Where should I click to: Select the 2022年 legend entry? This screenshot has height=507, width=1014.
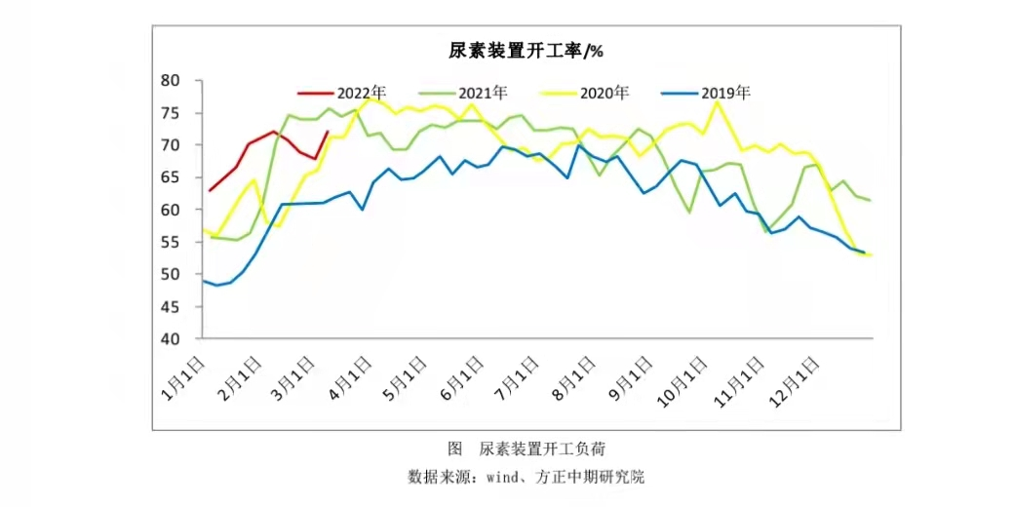[348, 94]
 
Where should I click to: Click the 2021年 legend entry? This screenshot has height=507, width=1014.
[469, 94]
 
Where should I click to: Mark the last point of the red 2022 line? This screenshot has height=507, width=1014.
[328, 132]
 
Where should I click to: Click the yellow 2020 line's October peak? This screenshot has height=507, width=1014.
[719, 101]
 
